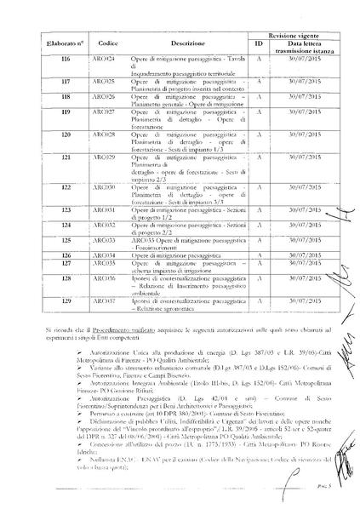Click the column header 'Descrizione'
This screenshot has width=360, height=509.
coord(188,42)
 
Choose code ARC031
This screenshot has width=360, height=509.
coord(101,209)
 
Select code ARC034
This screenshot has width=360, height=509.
coord(101,254)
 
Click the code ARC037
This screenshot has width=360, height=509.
coord(101,300)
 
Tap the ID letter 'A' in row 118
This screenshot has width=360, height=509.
coord(257,96)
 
